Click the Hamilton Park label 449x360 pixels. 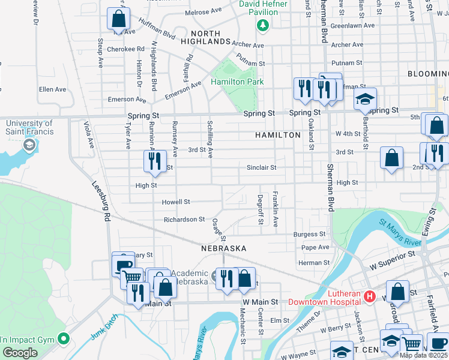tap(237, 81)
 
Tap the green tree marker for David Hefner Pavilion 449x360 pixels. tap(262, 25)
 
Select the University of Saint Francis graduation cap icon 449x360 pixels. tap(28, 145)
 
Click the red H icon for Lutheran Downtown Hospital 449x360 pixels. tap(370, 296)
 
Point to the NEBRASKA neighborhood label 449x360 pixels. tap(223, 248)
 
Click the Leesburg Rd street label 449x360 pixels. tap(101, 203)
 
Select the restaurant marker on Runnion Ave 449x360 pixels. tap(155, 161)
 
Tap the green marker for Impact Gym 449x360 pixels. tap(62, 339)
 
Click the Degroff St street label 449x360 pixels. tap(261, 209)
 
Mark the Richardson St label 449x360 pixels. tap(184, 220)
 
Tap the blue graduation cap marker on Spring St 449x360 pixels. tap(364, 101)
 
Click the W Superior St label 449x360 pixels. tap(393, 255)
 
